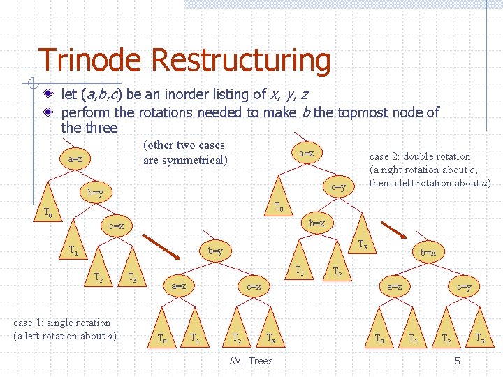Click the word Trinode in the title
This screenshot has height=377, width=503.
point(90,61)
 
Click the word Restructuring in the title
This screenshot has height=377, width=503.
point(240,61)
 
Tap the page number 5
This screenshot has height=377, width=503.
point(457,361)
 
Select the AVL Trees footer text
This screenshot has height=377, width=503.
point(251,360)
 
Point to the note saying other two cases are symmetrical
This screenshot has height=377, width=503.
point(184,153)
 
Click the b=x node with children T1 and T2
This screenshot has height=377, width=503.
point(317,223)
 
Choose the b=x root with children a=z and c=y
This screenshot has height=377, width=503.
point(428,252)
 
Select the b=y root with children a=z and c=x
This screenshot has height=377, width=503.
point(215,251)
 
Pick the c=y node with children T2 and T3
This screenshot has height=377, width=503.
point(464,286)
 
